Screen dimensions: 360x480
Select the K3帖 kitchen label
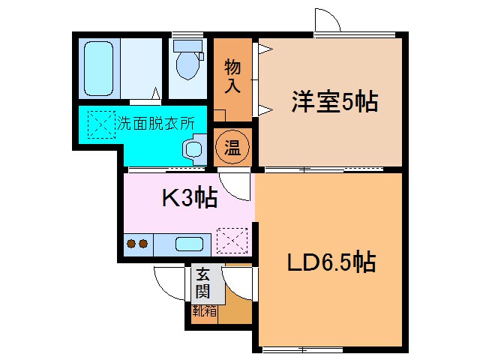(190, 198)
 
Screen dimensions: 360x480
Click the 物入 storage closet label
(232, 76)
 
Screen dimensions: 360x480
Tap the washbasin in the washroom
(193, 149)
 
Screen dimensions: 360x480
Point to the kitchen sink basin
(189, 244)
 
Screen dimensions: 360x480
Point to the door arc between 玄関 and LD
(238, 283)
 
